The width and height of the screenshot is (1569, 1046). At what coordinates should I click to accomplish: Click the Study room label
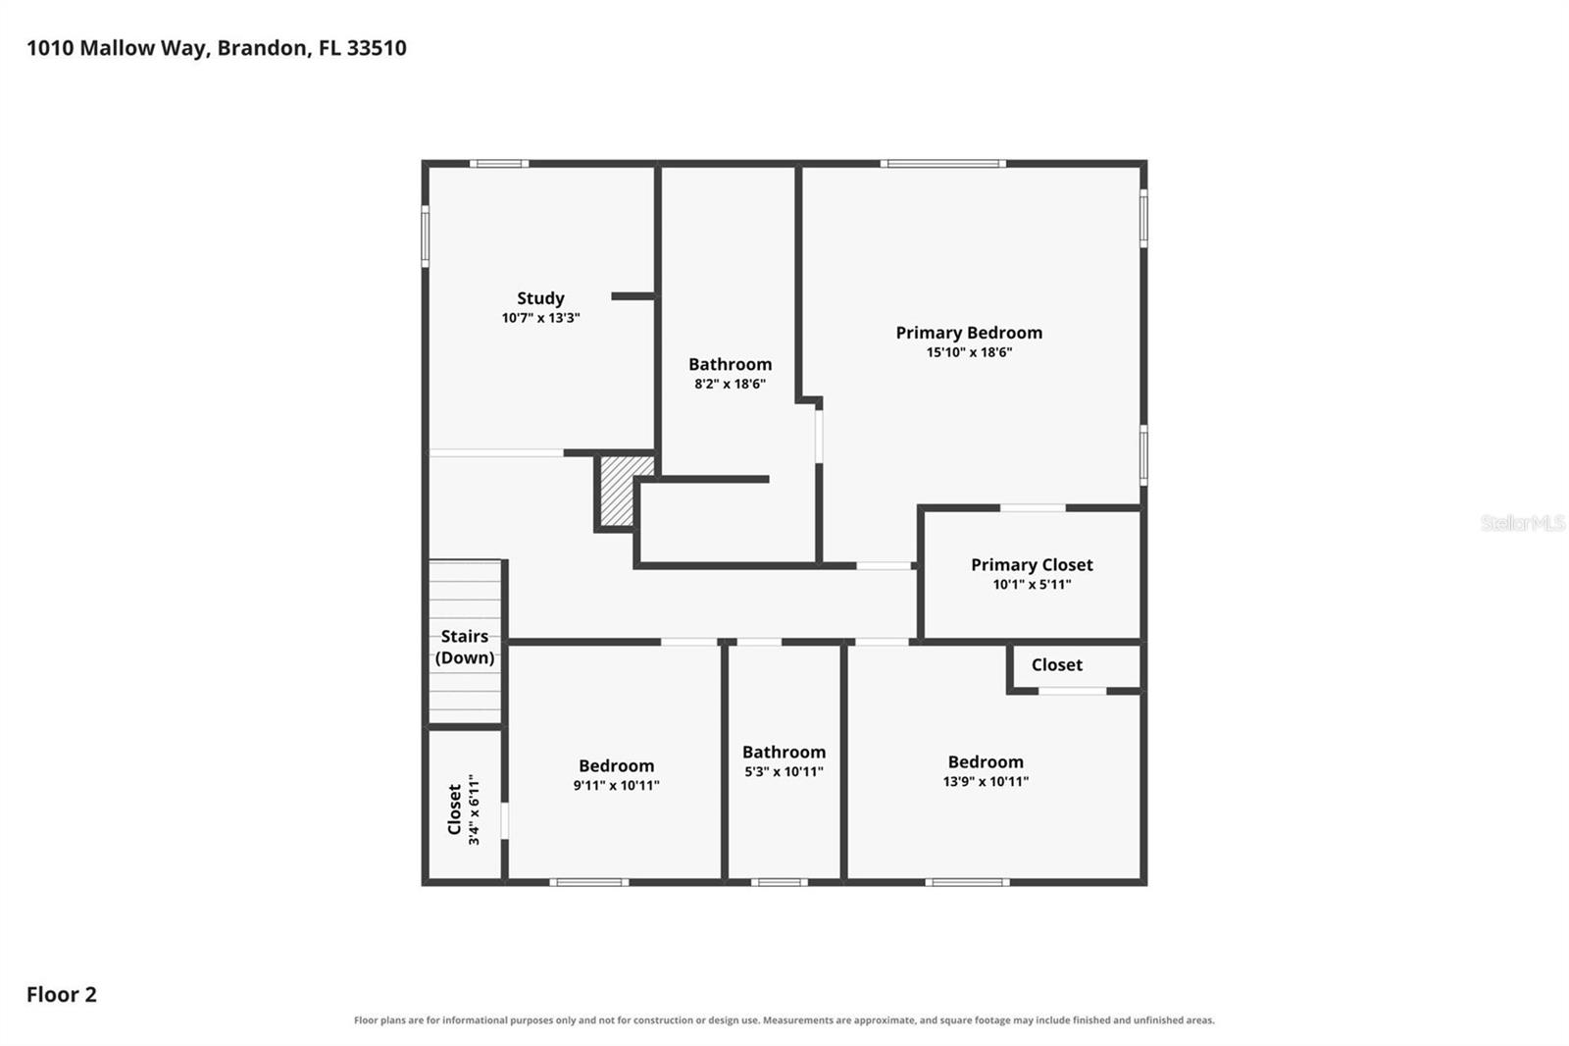pyautogui.click(x=540, y=298)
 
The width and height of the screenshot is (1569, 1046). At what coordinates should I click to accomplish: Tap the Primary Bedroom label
pyautogui.click(x=969, y=333)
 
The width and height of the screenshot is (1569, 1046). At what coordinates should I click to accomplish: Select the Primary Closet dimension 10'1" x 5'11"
pyautogui.click(x=1032, y=584)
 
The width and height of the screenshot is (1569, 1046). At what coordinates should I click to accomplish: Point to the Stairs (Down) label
pyautogui.click(x=465, y=647)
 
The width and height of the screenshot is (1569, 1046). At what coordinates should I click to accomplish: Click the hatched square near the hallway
pyautogui.click(x=627, y=491)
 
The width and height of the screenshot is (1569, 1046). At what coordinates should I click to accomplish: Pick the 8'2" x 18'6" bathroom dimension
pyautogui.click(x=730, y=384)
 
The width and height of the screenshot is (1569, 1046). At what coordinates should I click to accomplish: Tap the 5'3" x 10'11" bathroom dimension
pyautogui.click(x=784, y=771)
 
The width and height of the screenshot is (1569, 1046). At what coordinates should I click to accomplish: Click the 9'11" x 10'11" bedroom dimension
pyautogui.click(x=616, y=785)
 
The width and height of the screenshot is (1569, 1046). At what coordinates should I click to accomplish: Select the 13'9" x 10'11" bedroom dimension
pyautogui.click(x=986, y=781)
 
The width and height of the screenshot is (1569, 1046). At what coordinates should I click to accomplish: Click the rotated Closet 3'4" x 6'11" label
pyautogui.click(x=464, y=810)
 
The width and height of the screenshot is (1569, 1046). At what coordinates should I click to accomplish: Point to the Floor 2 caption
pyautogui.click(x=62, y=994)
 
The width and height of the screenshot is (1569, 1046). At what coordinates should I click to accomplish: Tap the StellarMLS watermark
pyautogui.click(x=1522, y=522)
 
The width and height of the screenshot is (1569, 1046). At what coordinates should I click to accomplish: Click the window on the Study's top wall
pyautogui.click(x=499, y=163)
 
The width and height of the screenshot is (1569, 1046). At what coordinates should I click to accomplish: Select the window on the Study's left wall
pyautogui.click(x=426, y=235)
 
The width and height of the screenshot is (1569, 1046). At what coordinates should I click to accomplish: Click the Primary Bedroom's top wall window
pyautogui.click(x=942, y=163)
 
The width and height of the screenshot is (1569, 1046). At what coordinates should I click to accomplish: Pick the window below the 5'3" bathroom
pyautogui.click(x=779, y=882)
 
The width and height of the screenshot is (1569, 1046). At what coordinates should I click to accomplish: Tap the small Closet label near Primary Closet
pyautogui.click(x=1056, y=664)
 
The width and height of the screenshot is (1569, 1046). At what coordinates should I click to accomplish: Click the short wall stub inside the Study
pyautogui.click(x=633, y=296)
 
